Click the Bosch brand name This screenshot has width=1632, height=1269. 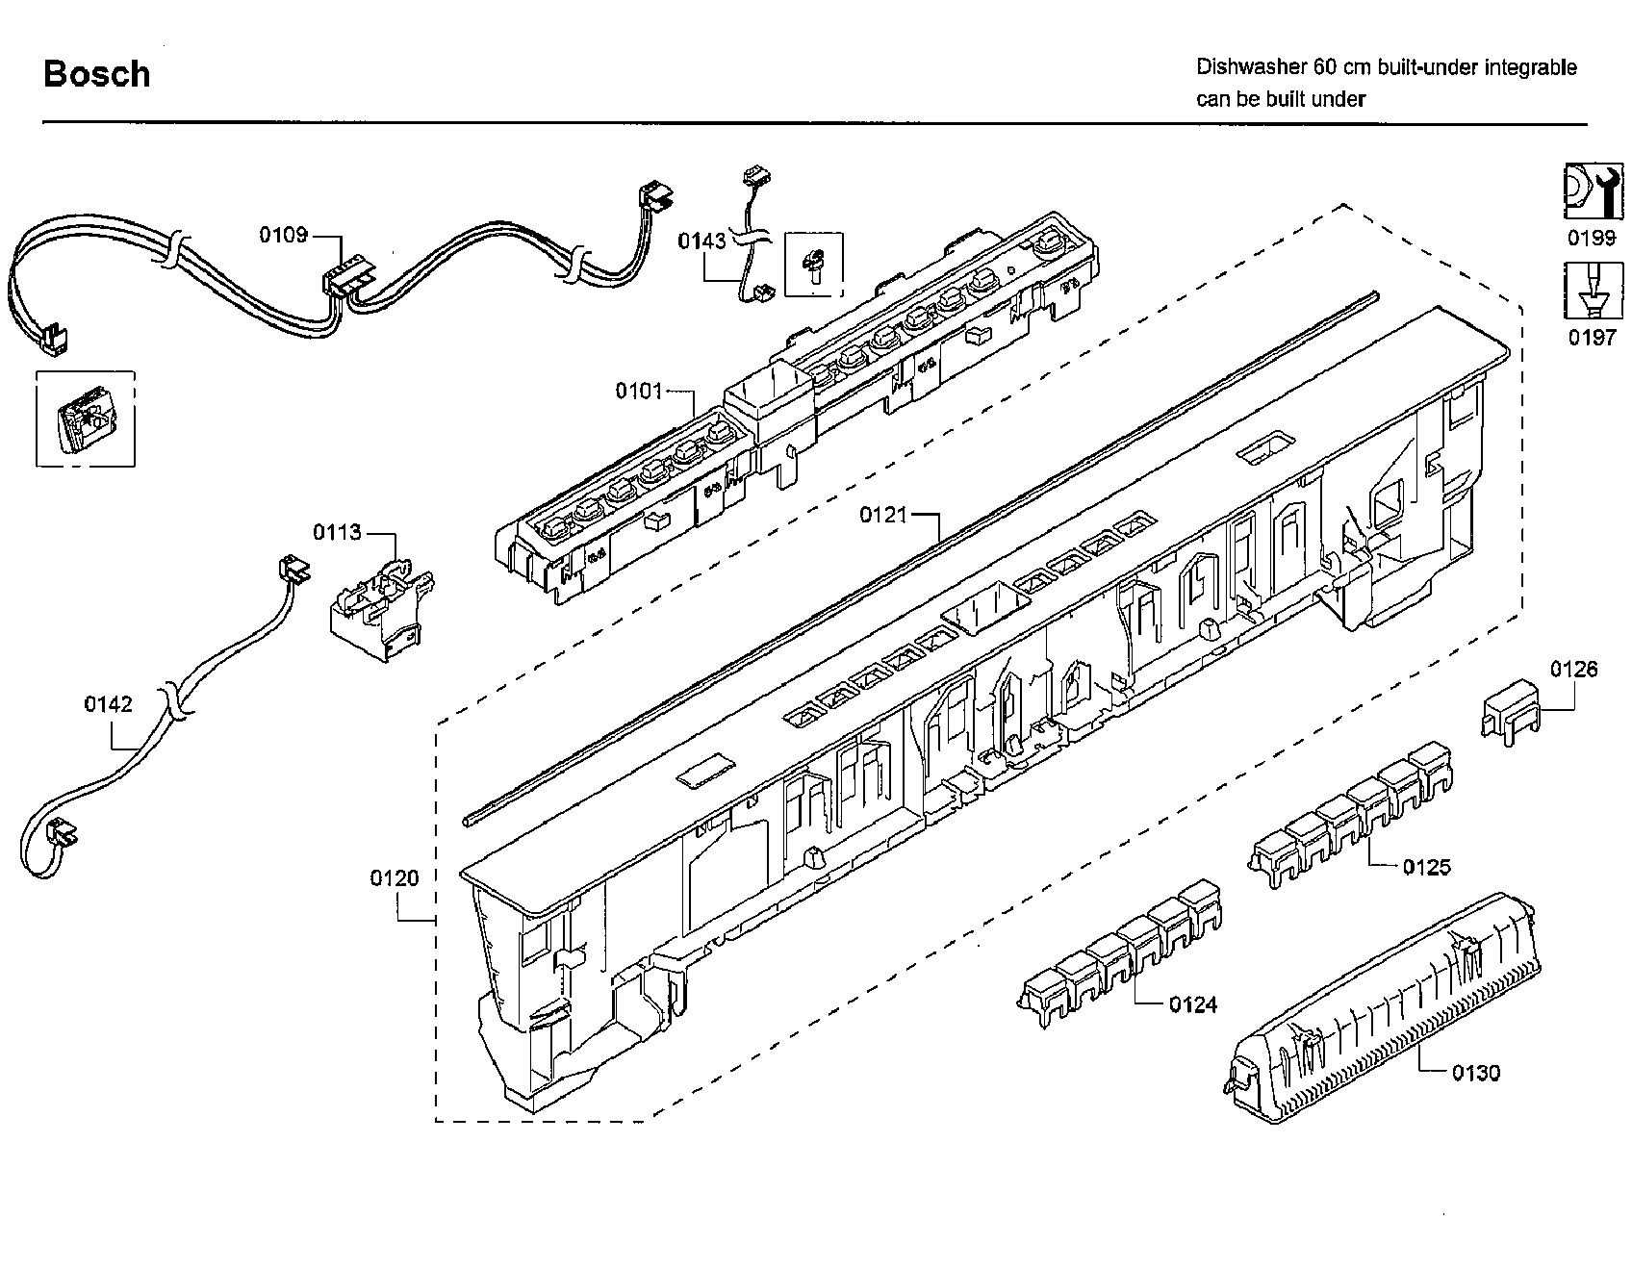pos(97,74)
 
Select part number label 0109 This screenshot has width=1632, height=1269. pos(283,235)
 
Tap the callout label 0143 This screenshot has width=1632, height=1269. pos(701,241)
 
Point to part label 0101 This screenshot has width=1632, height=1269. pos(639,391)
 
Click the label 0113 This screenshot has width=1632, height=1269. pos(337,532)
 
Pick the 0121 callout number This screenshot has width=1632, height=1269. pos(882,515)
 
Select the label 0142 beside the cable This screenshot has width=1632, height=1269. pos(108,704)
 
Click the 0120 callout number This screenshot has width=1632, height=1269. pos(395,877)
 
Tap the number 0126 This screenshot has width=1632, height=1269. pos(1573,669)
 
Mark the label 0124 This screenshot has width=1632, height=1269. pos(1192,1005)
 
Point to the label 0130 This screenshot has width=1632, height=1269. pos(1475,1073)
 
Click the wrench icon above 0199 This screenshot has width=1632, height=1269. pos(1586,193)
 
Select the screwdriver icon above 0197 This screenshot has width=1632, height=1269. pos(1586,292)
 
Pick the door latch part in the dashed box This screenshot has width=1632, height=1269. pos(85,419)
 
